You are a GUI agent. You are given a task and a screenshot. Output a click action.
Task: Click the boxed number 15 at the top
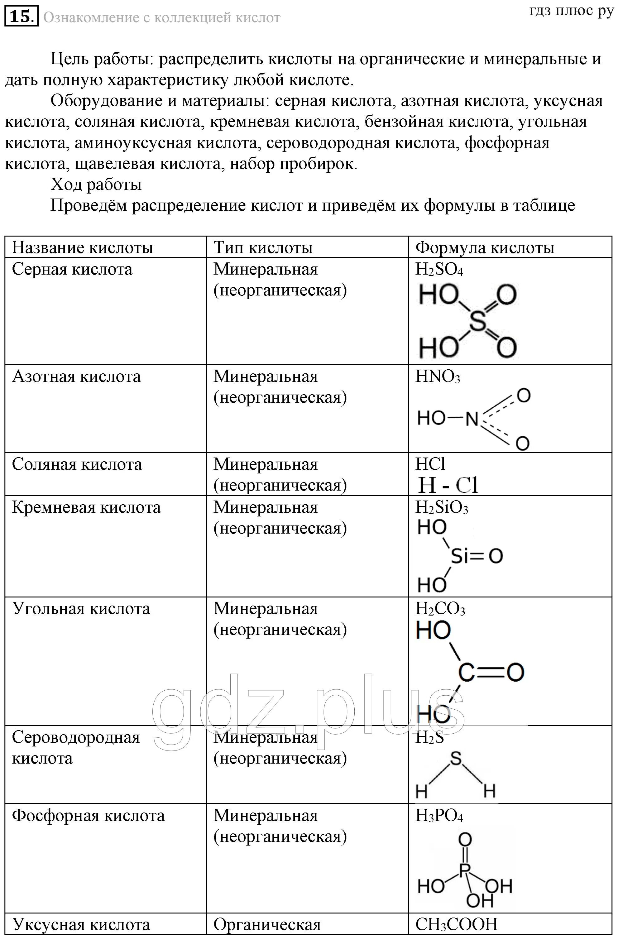[x=21, y=17]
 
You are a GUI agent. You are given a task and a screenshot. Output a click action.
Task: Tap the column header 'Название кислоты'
[x=82, y=247]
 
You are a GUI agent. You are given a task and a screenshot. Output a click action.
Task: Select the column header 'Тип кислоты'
[x=263, y=247]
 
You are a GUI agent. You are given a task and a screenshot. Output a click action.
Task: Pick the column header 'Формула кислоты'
[x=485, y=247]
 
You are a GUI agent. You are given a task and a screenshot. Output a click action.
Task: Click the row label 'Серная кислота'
[x=72, y=269]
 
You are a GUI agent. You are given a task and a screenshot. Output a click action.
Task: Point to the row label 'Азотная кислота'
[x=76, y=376]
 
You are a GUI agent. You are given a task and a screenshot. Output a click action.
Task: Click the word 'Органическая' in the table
[x=267, y=924]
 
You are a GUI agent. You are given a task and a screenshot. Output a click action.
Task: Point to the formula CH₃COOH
[x=456, y=924]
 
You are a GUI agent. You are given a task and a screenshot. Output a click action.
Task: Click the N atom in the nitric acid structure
[x=472, y=418]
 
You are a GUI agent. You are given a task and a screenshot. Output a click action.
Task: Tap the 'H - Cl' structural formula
[x=448, y=485]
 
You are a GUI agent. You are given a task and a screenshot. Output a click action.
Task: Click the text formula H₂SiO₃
[x=441, y=508]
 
